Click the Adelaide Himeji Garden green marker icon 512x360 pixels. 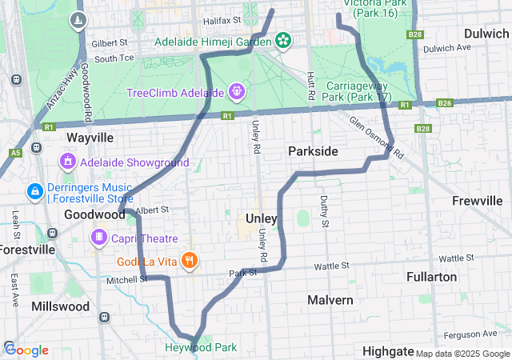[282, 39]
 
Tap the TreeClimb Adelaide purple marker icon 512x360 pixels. [237, 93]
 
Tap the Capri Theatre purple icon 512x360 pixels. [99, 238]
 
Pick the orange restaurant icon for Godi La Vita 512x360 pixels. [190, 259]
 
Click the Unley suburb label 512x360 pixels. [262, 218]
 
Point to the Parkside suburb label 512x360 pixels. [313, 151]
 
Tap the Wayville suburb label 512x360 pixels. [90, 138]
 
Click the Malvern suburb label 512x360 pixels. [330, 299]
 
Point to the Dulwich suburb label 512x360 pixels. [486, 34]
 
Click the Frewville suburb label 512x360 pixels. [476, 200]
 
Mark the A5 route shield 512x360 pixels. [15, 152]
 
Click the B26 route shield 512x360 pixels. [445, 104]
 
